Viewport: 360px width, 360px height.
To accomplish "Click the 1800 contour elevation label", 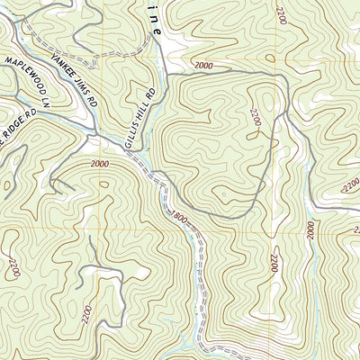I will (177, 216).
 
